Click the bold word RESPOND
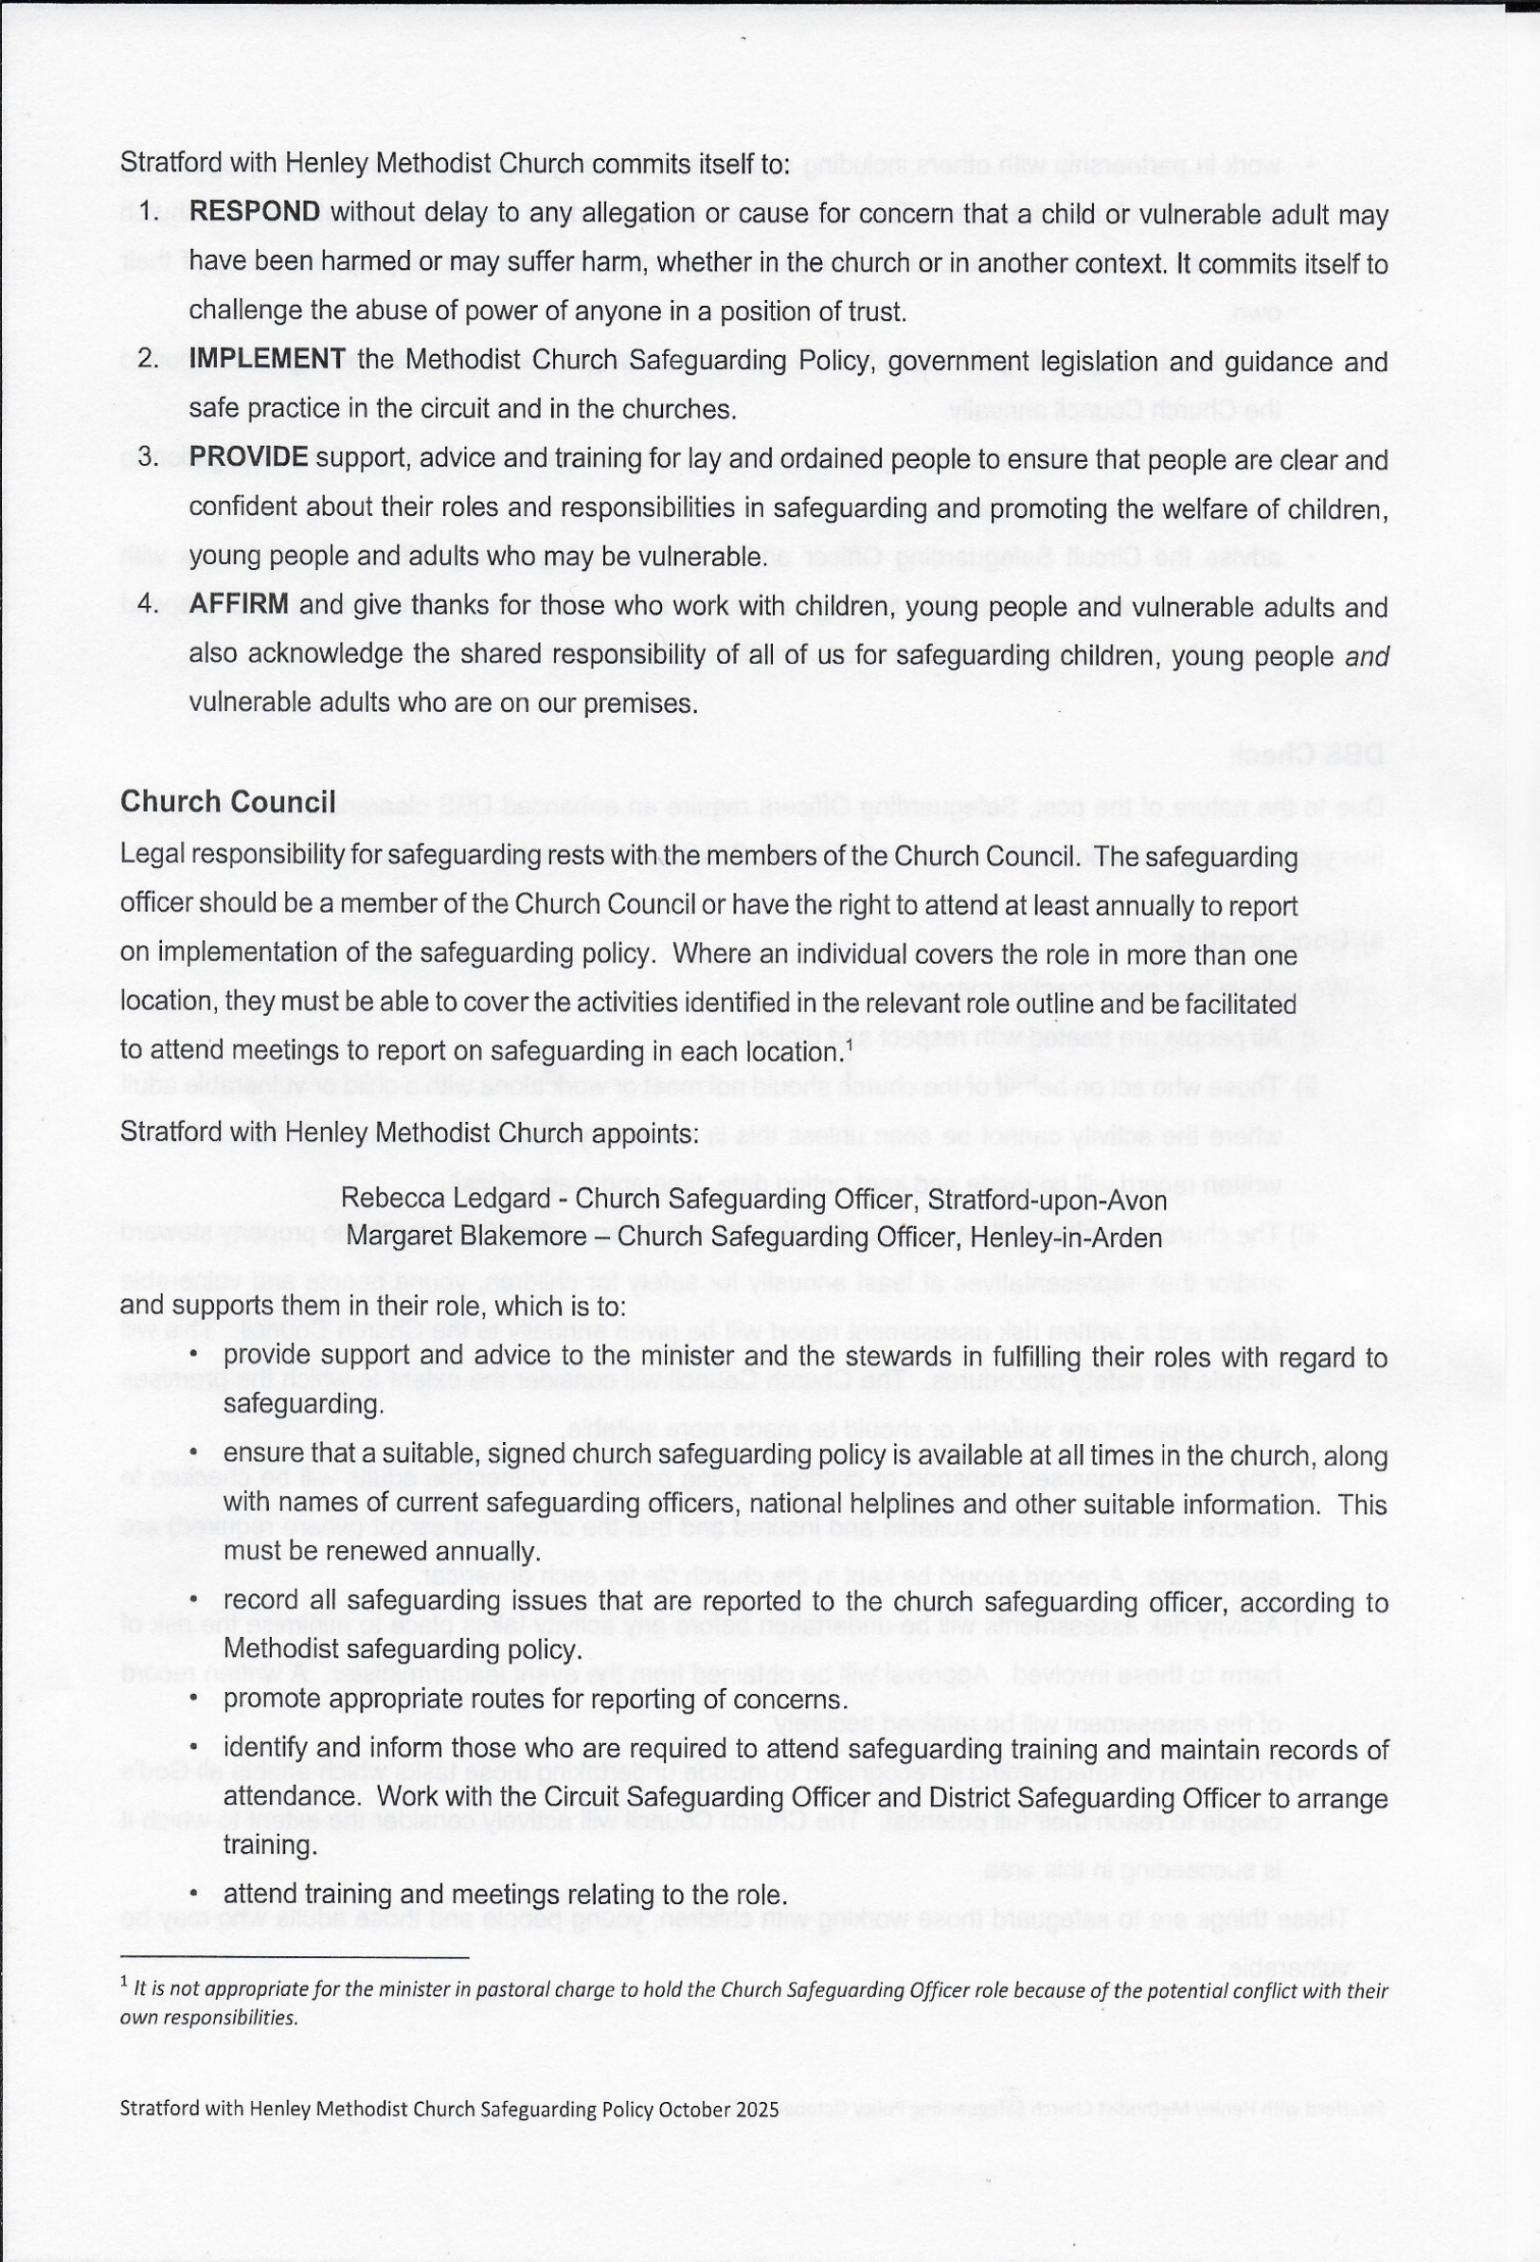254,212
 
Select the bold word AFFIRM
239,604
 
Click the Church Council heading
228,801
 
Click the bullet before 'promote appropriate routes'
195,1699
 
